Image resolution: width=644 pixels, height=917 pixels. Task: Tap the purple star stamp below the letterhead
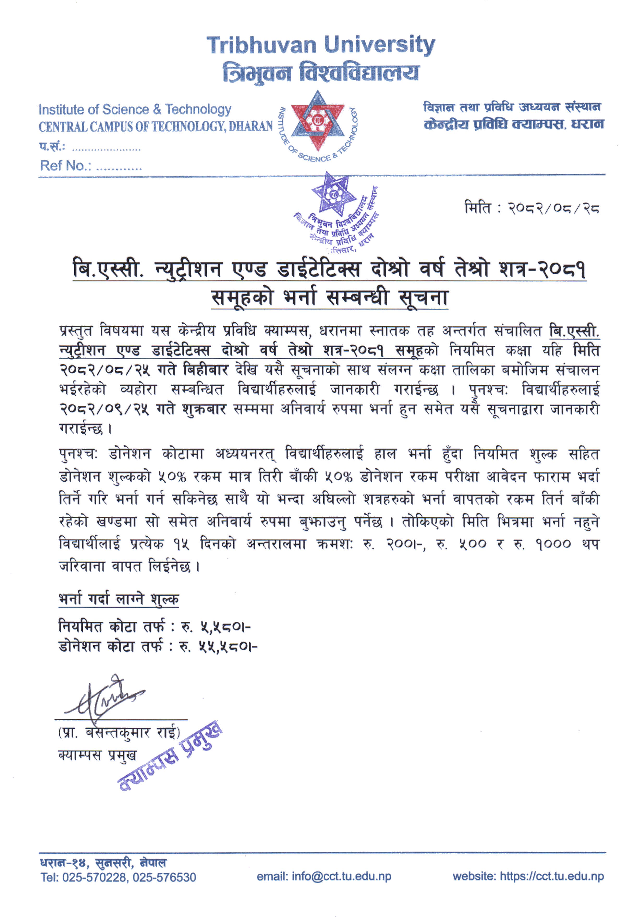(x=334, y=195)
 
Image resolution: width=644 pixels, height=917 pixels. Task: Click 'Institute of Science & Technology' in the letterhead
(x=135, y=109)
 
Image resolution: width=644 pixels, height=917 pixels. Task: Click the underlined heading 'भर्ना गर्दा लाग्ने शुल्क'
(x=119, y=599)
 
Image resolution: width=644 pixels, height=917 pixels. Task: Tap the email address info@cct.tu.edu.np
(x=341, y=876)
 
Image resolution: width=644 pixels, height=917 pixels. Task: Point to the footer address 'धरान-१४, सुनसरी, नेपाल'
(x=103, y=863)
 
